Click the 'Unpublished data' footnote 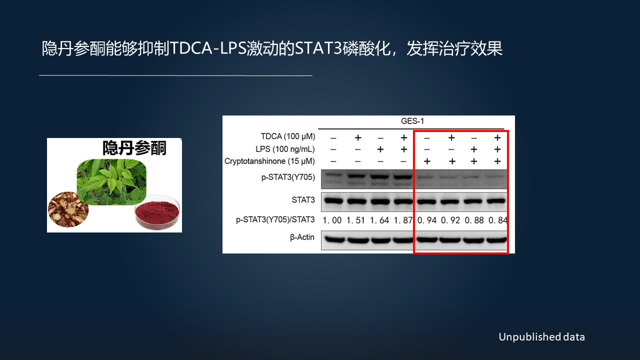click(x=541, y=337)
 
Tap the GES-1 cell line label click(x=412, y=121)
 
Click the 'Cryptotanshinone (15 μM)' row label click(x=269, y=161)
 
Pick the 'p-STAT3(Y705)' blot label click(x=288, y=177)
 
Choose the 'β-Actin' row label click(x=302, y=237)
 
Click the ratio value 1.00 click(x=332, y=220)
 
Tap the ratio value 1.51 click(x=356, y=220)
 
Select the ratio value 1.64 click(x=379, y=220)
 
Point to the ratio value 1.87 click(x=403, y=220)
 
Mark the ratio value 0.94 click(x=427, y=220)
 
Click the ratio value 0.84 click(x=497, y=220)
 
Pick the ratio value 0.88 click(x=474, y=220)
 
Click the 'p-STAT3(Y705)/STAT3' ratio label click(x=275, y=219)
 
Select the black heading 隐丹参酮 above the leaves click(x=134, y=148)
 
